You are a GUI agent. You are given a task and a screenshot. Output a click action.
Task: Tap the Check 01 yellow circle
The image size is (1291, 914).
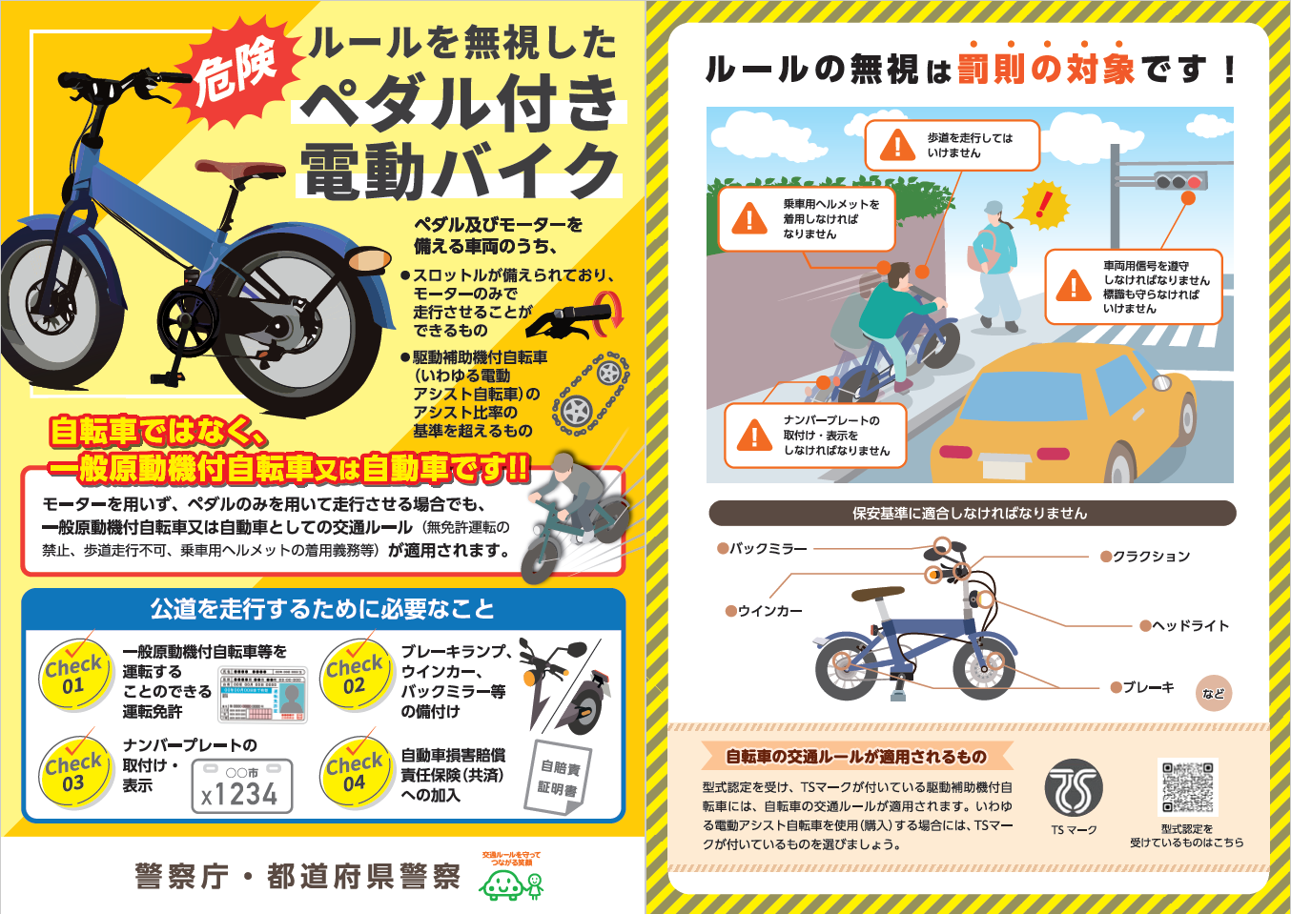pos(73,676)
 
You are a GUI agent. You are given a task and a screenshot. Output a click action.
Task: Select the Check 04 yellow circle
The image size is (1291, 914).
pos(354,773)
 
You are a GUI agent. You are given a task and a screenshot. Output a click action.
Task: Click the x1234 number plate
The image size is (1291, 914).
pos(241,787)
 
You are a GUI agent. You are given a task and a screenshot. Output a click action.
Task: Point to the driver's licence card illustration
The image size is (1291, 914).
pos(264,694)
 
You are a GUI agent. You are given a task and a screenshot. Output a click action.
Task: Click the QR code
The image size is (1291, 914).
pos(1187,788)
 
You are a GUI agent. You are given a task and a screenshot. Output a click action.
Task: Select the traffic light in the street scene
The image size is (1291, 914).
pos(1180,181)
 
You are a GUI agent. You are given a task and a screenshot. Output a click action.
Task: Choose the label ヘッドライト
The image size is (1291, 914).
pos(1190,626)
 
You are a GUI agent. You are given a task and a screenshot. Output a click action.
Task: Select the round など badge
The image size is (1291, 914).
pos(1213,694)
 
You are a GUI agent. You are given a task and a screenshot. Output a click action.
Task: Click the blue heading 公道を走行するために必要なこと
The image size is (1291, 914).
pos(322,609)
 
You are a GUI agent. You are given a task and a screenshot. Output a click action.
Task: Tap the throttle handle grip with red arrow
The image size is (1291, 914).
pos(577,317)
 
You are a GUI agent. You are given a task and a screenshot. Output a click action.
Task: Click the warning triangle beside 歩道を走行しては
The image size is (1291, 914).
pos(897,146)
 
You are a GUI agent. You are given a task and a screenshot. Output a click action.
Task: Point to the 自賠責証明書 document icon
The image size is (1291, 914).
pos(558,777)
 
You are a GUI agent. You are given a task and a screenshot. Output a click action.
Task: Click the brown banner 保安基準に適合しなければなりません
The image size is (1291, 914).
pos(972,514)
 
